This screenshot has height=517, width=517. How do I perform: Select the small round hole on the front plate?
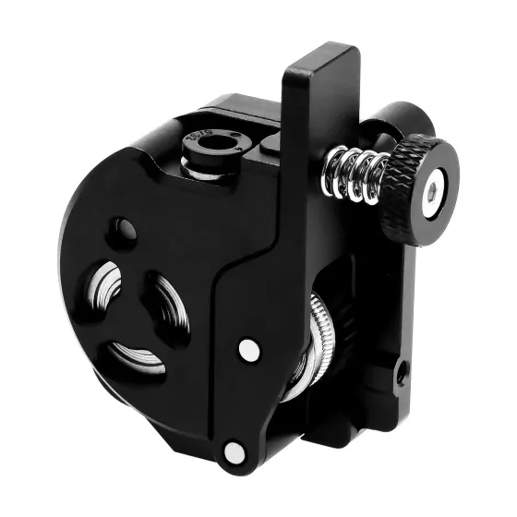coord(122,228)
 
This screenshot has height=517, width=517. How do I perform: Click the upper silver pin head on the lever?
coord(248,349)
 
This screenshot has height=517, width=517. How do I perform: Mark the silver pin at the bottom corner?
coord(234,451)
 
